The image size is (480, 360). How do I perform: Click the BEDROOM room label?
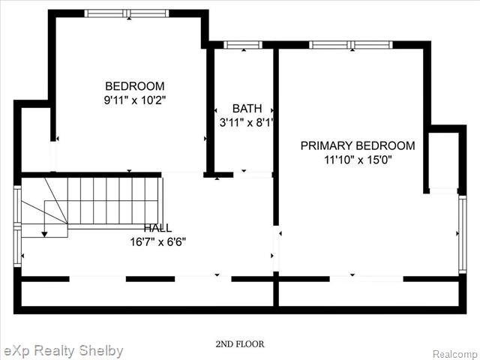tap(135, 86)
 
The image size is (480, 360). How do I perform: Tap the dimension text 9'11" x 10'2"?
tap(135, 100)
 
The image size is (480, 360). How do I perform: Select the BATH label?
tap(247, 108)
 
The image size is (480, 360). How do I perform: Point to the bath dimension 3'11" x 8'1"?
tap(246, 123)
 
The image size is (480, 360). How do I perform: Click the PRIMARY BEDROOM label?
tap(358, 145)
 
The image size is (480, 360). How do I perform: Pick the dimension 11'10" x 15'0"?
tap(358, 160)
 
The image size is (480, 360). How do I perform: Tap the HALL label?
tap(157, 228)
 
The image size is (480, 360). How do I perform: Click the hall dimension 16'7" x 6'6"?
tap(158, 242)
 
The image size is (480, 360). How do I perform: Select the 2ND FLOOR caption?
tap(240, 344)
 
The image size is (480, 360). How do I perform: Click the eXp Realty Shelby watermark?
tap(61, 351)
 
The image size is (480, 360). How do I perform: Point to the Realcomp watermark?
tap(456, 355)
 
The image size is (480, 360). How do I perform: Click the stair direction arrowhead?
tap(45, 235)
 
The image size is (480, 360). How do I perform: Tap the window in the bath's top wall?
tap(243, 45)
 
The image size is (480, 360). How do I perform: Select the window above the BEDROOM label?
tap(127, 13)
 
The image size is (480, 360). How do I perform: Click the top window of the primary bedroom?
tap(351, 45)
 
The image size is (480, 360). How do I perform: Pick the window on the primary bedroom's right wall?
tap(463, 234)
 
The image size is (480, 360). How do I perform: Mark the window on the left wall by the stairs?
tap(17, 226)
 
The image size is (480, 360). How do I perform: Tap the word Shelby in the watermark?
tap(100, 351)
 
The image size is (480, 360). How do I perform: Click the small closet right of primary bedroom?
tap(443, 160)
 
